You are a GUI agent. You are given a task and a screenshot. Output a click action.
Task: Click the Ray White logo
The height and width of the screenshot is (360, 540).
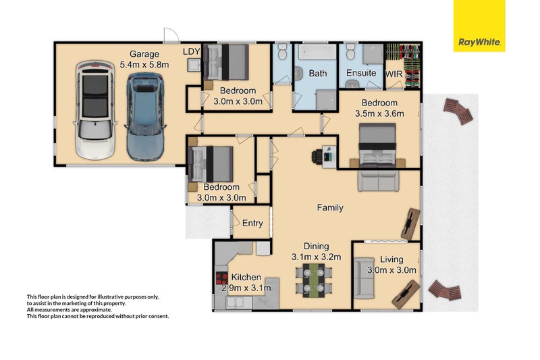[x=479, y=26]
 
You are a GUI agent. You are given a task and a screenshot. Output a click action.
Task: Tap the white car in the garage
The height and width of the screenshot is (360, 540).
[x=94, y=110]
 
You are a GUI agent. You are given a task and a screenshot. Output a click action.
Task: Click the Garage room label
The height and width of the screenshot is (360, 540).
[x=144, y=54]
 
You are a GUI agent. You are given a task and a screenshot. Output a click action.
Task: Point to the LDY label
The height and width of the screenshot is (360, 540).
[x=191, y=52]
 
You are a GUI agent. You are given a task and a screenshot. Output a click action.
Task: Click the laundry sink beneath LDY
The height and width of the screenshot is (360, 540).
[x=194, y=65]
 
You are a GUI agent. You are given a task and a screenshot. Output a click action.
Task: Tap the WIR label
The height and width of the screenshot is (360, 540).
[x=394, y=74]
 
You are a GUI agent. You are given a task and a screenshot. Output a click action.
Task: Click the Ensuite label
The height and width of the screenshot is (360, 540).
[x=361, y=73]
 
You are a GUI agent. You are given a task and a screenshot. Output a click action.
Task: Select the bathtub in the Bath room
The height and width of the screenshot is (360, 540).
[x=317, y=52]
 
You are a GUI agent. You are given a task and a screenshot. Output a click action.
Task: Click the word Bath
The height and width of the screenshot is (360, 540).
[x=317, y=74]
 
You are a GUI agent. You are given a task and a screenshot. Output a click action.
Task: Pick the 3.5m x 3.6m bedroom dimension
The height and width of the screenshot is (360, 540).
[x=379, y=113]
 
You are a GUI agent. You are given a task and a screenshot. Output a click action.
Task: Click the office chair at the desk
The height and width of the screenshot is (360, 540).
[x=317, y=157]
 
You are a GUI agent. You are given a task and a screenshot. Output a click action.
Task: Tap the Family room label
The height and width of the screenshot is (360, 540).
[x=330, y=208]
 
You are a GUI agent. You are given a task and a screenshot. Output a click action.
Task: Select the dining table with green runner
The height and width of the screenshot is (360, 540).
[x=313, y=280]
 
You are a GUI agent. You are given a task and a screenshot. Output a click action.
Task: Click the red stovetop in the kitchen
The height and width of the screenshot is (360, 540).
[x=221, y=278]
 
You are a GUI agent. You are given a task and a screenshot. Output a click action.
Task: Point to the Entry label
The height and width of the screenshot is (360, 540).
[x=252, y=224]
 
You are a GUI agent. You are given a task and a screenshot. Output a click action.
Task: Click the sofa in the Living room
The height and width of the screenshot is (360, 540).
[x=364, y=278]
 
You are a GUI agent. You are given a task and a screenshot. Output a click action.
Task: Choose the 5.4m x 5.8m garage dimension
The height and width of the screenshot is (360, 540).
[x=144, y=64]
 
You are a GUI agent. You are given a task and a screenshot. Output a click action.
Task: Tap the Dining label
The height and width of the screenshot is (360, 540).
[x=316, y=247]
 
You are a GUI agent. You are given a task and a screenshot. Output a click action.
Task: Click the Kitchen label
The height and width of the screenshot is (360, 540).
[x=246, y=278]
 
